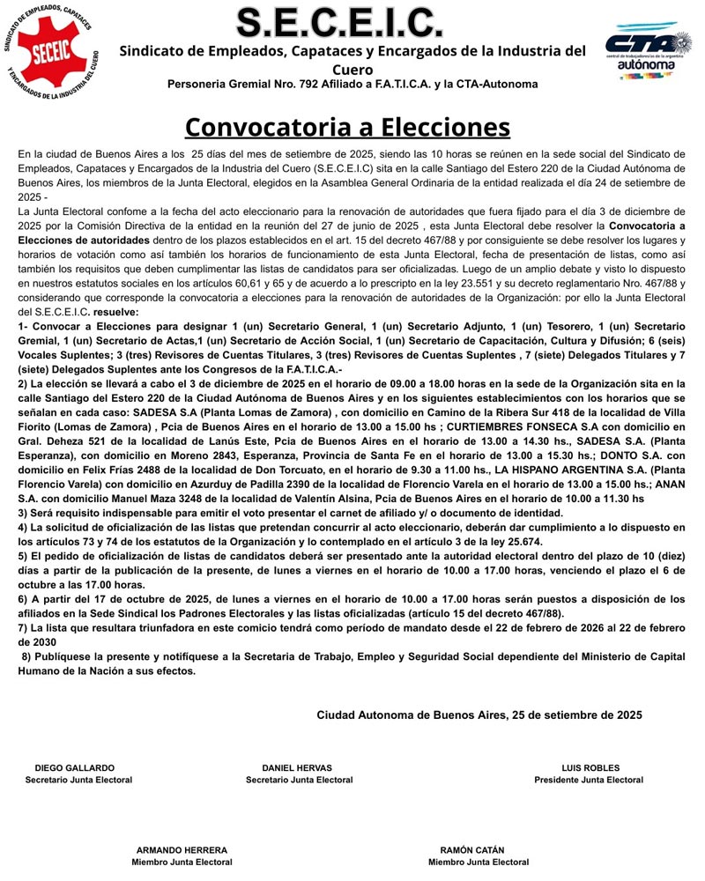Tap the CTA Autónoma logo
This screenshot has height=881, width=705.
649,52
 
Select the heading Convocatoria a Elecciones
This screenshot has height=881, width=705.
347,127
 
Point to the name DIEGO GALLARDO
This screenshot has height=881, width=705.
75,767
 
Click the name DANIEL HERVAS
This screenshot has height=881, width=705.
299,767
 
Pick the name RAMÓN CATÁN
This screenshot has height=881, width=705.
472,850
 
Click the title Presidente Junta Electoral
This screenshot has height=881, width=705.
589,780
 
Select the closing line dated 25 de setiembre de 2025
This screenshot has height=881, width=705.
479,714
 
